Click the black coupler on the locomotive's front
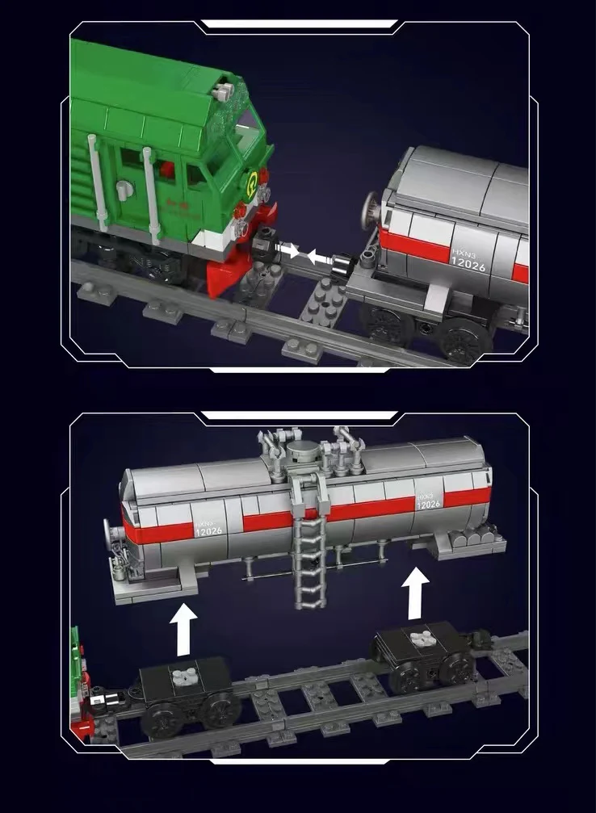(x=262, y=243)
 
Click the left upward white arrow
(x=184, y=631)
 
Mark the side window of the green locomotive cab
(x=197, y=174)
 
